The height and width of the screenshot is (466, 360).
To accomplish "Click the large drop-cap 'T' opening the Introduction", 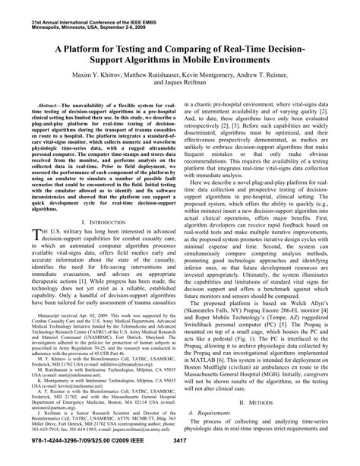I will pyautogui.click(x=25, y=236).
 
